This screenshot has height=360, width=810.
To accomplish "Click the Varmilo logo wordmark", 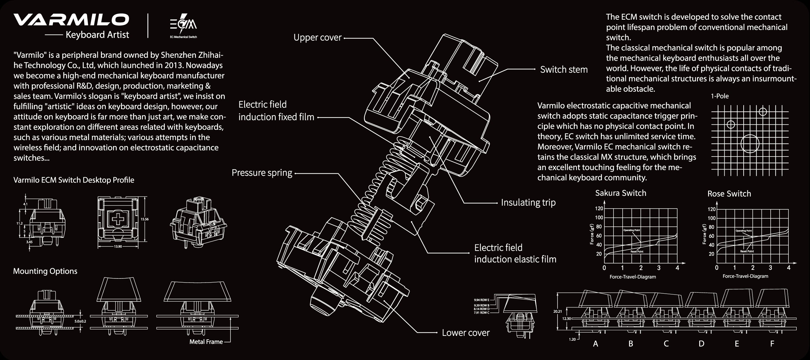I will (71, 20).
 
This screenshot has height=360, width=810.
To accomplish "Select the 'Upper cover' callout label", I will (317, 37).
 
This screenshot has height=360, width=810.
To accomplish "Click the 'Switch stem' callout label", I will (564, 70).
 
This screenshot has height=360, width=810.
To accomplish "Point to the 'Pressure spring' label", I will (262, 173).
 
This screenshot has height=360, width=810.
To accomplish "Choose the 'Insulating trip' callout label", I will (528, 203).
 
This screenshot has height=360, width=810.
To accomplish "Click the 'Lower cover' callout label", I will (465, 333).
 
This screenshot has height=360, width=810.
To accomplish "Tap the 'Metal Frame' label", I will (206, 342).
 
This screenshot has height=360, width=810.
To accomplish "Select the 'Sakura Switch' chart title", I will (620, 193).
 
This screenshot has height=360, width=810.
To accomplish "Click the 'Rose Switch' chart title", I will (729, 194).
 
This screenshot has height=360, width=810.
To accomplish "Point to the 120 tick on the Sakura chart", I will (599, 209).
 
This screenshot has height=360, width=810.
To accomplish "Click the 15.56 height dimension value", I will (144, 219).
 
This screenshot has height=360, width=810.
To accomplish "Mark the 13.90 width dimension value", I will (117, 246).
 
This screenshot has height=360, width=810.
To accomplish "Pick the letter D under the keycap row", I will (701, 343).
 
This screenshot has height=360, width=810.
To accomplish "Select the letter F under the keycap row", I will (772, 343).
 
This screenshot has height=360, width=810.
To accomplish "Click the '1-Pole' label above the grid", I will (720, 96).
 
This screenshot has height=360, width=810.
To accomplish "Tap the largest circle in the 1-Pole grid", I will (750, 143).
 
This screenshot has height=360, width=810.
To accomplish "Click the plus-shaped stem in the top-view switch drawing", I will (117, 218).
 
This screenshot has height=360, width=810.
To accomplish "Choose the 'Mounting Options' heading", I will (45, 271).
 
